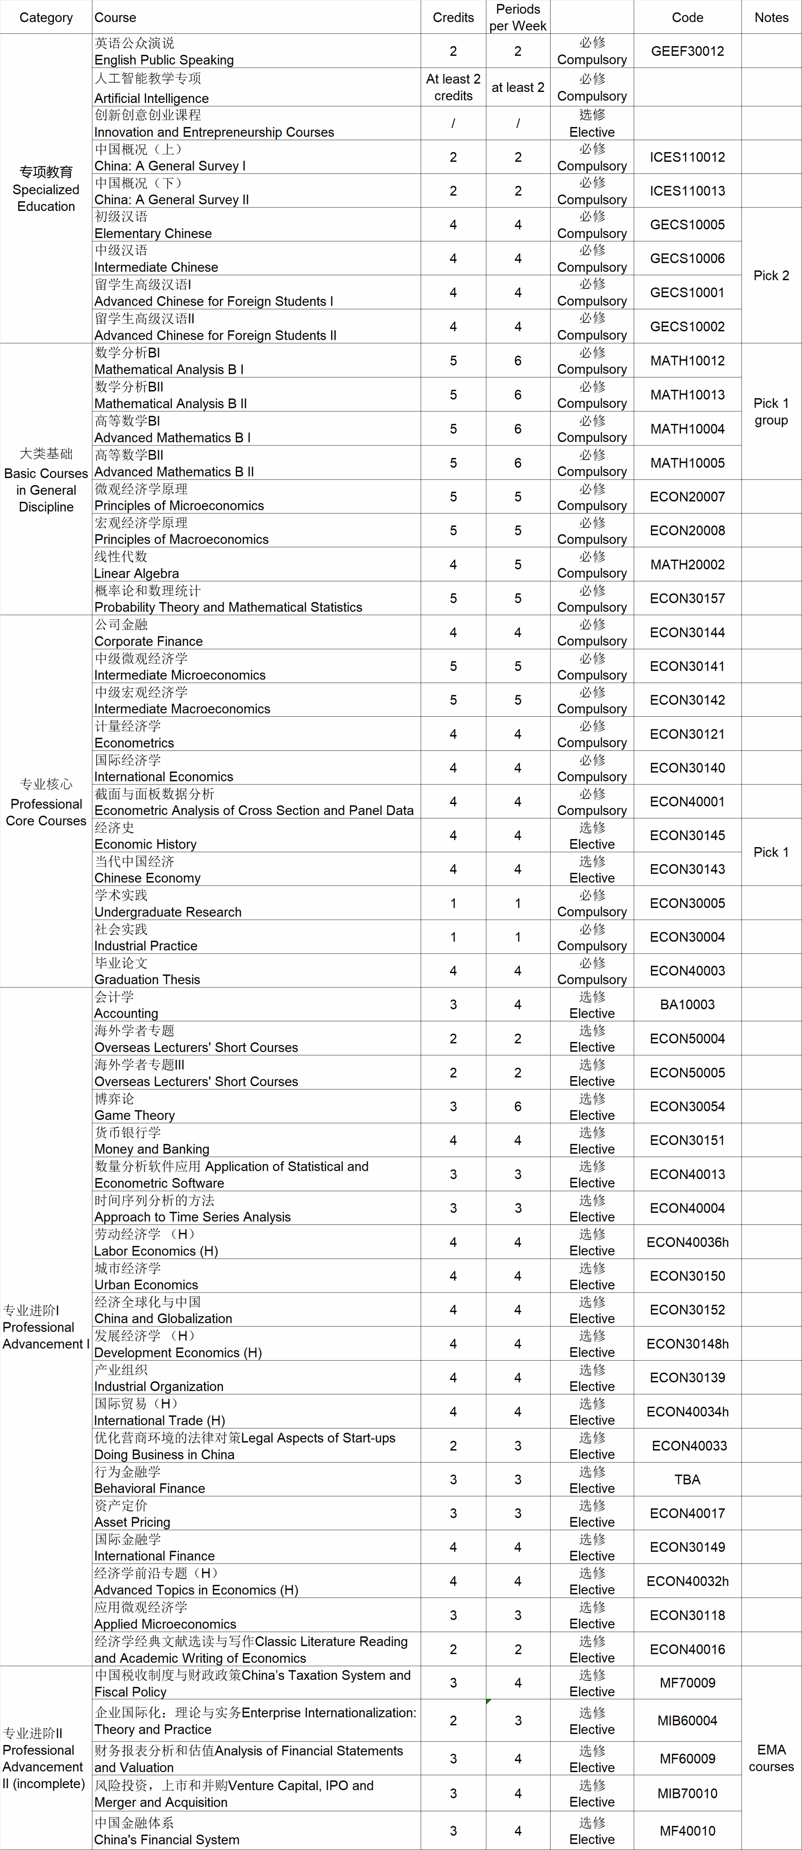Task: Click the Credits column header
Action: point(453,17)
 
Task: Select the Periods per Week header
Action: point(517,17)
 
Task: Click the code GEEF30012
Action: point(687,51)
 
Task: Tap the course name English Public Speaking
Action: point(164,60)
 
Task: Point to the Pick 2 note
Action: point(771,275)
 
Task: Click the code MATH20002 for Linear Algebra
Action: point(687,564)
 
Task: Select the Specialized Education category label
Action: point(46,189)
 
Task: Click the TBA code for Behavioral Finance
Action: point(687,1479)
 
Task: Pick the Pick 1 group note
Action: point(771,411)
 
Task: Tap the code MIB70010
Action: point(687,1792)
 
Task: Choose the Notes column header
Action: point(771,17)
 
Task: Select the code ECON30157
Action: point(687,598)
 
